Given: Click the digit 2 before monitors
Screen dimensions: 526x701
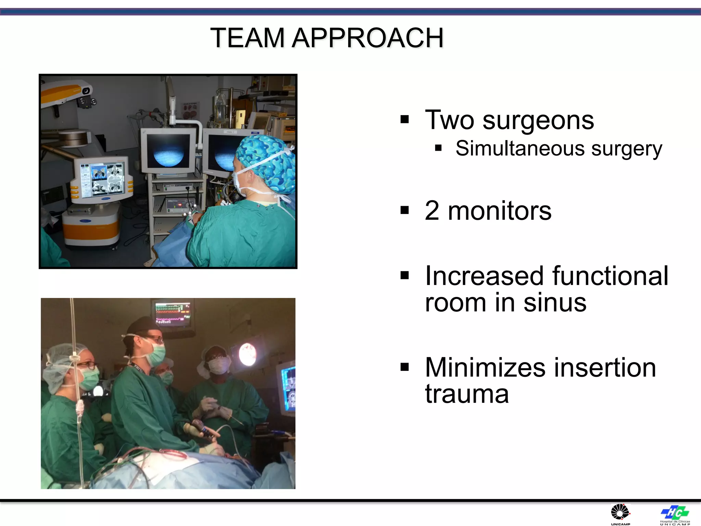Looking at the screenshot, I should [x=432, y=211].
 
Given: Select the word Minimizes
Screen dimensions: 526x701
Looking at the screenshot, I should [x=485, y=368].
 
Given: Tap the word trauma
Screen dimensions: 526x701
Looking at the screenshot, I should [x=467, y=394].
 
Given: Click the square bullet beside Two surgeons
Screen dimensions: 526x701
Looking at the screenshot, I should [x=405, y=120].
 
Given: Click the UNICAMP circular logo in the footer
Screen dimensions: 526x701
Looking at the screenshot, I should [x=620, y=513].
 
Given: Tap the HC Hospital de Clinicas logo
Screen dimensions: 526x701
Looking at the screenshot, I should [x=675, y=513].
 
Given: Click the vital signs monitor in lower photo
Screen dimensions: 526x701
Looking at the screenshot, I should [x=173, y=313].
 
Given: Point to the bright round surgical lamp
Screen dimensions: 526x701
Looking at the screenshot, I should [x=247, y=354].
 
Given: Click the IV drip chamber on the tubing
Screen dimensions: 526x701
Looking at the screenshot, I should [x=80, y=408].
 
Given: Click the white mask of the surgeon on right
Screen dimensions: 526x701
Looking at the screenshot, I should [x=218, y=365].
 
